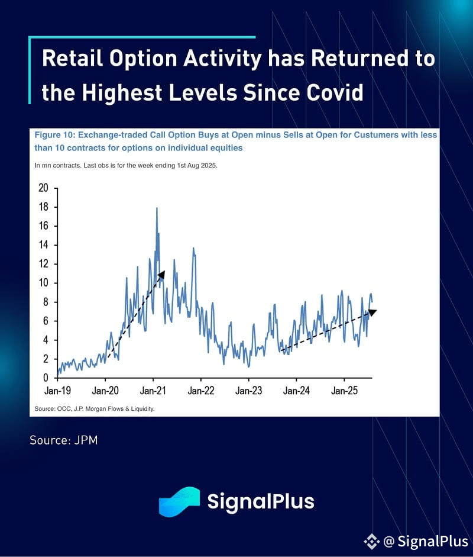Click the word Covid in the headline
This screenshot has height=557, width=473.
[335, 93]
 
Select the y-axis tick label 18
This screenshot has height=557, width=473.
[43, 207]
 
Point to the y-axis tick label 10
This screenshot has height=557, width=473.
[43, 283]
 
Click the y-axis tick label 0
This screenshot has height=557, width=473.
[46, 378]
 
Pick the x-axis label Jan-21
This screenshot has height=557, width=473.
[153, 391]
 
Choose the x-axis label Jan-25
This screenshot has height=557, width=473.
[344, 391]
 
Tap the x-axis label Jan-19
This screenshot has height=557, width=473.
[57, 391]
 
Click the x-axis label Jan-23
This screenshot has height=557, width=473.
[248, 391]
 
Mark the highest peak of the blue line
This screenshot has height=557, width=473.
[157, 208]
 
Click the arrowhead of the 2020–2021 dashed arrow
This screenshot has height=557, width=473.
[162, 274]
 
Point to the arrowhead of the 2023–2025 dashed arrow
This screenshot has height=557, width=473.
[372, 312]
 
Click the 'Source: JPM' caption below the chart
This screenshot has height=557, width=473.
[63, 440]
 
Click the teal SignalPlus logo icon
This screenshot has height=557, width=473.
[179, 501]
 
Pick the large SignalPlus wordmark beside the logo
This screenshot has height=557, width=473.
[261, 501]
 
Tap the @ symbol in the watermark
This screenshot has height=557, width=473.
[389, 542]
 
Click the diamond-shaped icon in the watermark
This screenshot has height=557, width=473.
[372, 542]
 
